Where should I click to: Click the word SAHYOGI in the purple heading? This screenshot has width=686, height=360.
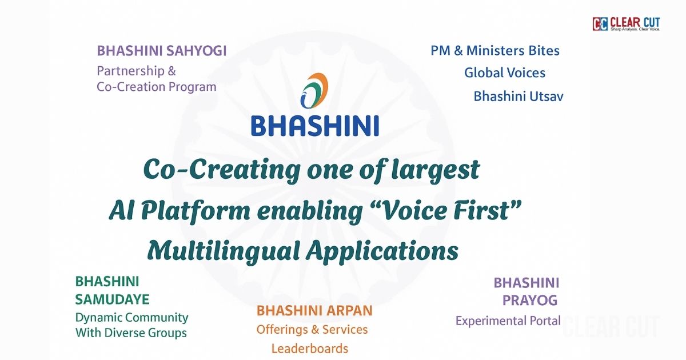pyautogui.click(x=196, y=51)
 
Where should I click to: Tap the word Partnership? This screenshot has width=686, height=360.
pyautogui.click(x=131, y=71)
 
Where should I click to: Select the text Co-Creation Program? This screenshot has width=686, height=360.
pyautogui.click(x=157, y=87)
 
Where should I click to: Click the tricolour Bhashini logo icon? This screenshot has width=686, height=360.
pyautogui.click(x=314, y=91)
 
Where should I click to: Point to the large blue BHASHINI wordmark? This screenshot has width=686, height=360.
pyautogui.click(x=315, y=126)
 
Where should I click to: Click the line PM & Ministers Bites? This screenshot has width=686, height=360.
pyautogui.click(x=495, y=51)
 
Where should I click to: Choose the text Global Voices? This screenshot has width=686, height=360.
pyautogui.click(x=505, y=73)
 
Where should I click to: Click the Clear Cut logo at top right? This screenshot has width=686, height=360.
pyautogui.click(x=627, y=24)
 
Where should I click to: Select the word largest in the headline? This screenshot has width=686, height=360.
pyautogui.click(x=436, y=170)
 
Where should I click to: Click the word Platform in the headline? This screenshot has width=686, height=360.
pyautogui.click(x=196, y=211)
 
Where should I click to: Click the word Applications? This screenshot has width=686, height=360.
pyautogui.click(x=382, y=251)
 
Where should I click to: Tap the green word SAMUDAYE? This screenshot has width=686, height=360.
pyautogui.click(x=113, y=299)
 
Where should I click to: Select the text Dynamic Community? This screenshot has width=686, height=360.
pyautogui.click(x=131, y=318)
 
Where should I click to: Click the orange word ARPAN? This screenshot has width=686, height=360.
pyautogui.click(x=349, y=310)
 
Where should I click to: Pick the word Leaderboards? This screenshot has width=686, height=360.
pyautogui.click(x=310, y=349)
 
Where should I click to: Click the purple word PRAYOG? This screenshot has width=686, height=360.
pyautogui.click(x=530, y=301)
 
